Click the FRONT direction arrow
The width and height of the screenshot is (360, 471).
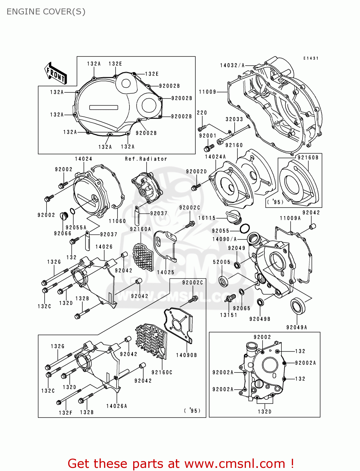tap(56, 73)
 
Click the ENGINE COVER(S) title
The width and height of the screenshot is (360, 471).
tap(46, 12)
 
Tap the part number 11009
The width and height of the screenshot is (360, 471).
tap(208, 92)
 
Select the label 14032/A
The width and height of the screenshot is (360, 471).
tap(232, 65)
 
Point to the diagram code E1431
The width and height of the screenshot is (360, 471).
tap(311, 58)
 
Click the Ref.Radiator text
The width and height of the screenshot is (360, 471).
tap(146, 159)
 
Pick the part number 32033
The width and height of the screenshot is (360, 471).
tap(234, 119)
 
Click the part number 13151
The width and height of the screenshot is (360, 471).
tap(228, 315)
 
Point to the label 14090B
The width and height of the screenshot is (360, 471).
tap(186, 355)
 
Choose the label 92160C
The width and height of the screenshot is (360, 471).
tap(162, 372)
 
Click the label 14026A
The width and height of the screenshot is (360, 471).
tap(117, 406)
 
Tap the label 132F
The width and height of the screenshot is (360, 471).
tap(65, 413)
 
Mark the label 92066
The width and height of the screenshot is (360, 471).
tap(63, 233)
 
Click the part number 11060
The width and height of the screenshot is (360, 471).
tap(117, 221)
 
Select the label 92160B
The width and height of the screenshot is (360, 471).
tap(308, 157)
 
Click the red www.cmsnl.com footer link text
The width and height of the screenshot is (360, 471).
tap(234, 463)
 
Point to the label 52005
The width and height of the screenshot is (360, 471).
tap(221, 262)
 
